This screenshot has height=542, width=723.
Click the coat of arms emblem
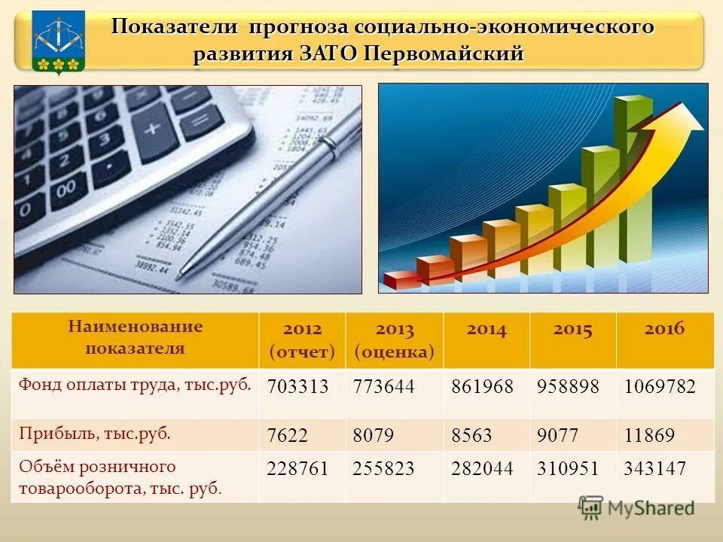point(58,42)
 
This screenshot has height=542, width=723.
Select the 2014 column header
point(487,330)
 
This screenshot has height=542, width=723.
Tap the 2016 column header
point(664,329)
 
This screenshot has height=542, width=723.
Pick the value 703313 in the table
point(298,387)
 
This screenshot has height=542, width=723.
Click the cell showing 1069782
point(660,387)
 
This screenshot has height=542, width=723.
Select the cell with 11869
point(649,435)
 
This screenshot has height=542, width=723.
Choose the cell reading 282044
point(482,469)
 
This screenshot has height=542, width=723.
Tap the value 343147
point(654,469)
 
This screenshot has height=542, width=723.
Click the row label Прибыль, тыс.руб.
point(95,433)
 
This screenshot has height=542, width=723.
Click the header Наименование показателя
point(136,337)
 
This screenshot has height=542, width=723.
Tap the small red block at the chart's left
point(401,280)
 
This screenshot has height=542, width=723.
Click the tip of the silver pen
point(180,276)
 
